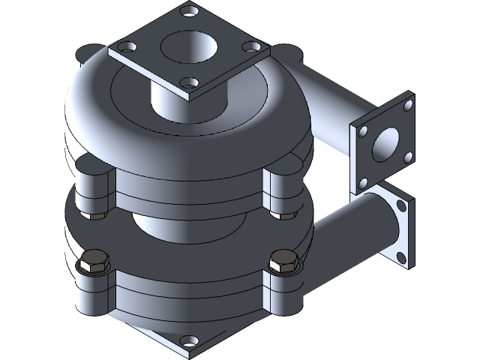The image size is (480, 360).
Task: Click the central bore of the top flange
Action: click(187, 47)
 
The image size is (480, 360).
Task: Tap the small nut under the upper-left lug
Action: click(95, 217)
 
